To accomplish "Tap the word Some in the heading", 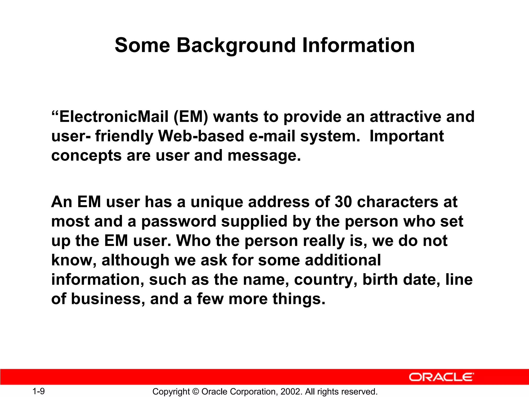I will [142, 45].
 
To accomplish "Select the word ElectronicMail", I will [114, 117].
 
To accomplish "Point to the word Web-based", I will [201, 136].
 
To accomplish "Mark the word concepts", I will [86, 156].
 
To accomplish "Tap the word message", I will [264, 156].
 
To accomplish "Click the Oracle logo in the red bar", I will [441, 377].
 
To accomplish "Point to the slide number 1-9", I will [38, 391].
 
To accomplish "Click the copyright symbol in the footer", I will [196, 392].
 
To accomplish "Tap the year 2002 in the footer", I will [290, 392].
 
